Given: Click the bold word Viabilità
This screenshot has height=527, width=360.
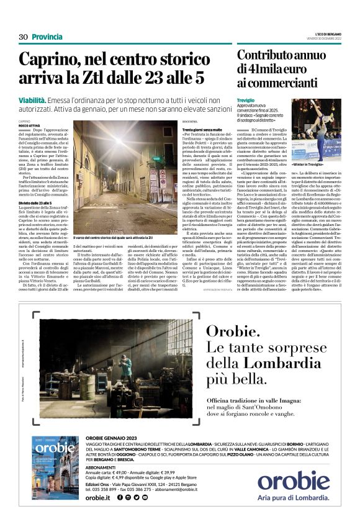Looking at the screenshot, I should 33,99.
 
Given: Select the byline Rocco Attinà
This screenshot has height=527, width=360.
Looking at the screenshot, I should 29,125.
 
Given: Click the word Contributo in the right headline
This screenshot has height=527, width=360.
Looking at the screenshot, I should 266,54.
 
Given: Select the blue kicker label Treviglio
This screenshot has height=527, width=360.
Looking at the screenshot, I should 246,100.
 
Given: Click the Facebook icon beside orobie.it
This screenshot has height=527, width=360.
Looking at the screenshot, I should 120,497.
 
